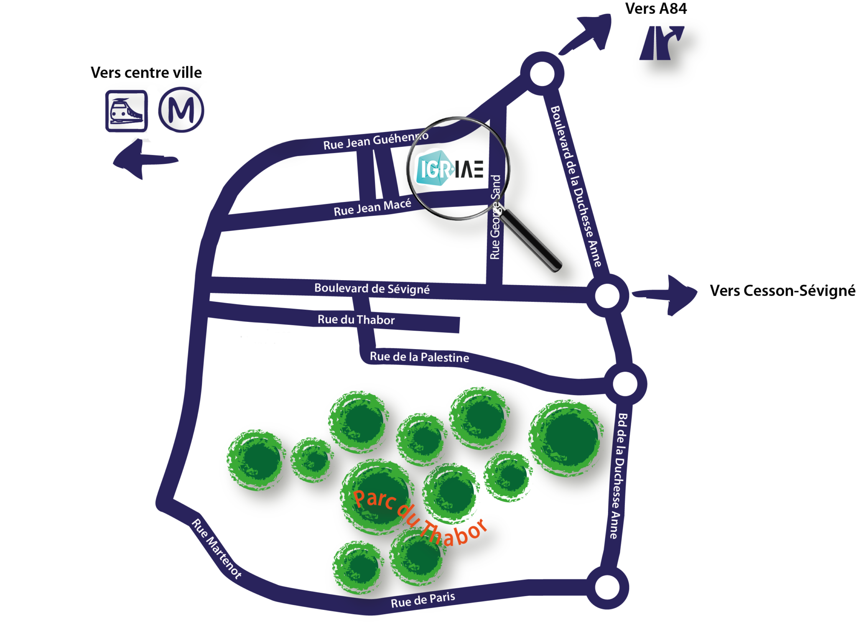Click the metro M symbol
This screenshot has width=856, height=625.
(x=181, y=110)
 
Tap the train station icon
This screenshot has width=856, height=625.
(x=126, y=111)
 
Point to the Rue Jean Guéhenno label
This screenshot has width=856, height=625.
(x=375, y=140)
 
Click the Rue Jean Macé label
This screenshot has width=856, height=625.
(x=372, y=207)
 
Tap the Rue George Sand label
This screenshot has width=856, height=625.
(x=495, y=217)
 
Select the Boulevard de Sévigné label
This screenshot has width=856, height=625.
(x=372, y=288)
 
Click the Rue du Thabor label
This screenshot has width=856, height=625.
(x=356, y=320)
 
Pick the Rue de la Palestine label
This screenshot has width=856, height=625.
(x=419, y=357)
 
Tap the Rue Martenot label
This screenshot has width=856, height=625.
(x=217, y=548)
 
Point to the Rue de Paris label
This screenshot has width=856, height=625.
(x=423, y=600)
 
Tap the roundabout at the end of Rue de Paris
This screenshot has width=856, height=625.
(x=607, y=587)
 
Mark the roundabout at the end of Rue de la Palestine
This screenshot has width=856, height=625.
(x=625, y=384)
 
